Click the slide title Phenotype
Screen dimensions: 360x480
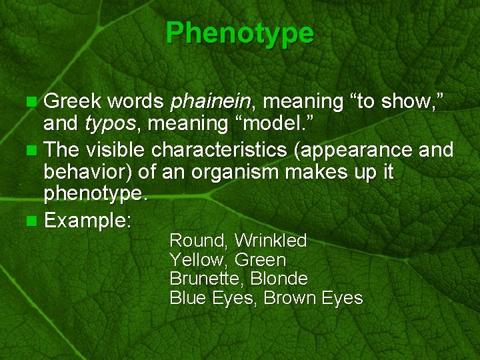239,32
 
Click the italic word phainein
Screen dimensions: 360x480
210,101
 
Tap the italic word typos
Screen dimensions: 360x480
109,123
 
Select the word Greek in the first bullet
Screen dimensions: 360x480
72,101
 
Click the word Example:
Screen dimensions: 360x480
87,221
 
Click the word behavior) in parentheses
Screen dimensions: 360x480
89,172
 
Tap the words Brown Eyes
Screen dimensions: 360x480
313,297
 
